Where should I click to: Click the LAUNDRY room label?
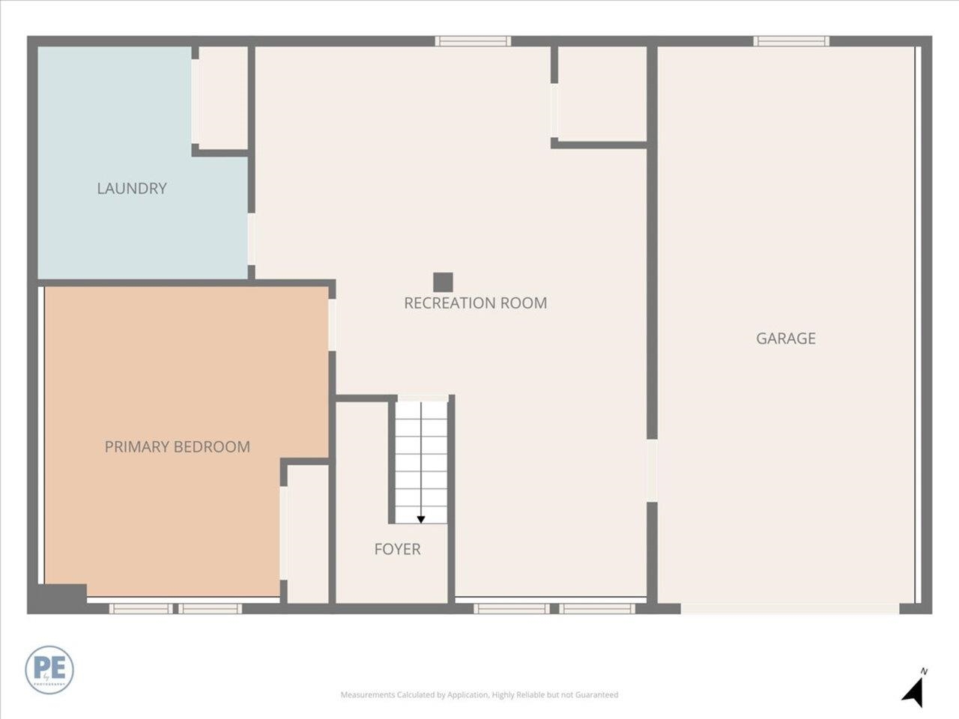pyautogui.click(x=132, y=188)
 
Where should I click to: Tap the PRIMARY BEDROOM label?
pyautogui.click(x=177, y=447)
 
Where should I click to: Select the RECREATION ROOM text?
pyautogui.click(x=475, y=303)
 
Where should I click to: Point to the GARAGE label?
pyautogui.click(x=785, y=339)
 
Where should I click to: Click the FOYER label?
pyautogui.click(x=397, y=549)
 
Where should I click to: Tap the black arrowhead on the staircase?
pyautogui.click(x=421, y=519)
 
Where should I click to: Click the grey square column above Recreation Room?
pyautogui.click(x=443, y=282)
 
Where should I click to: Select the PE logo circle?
pyautogui.click(x=49, y=669)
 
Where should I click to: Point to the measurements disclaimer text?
pyautogui.click(x=479, y=695)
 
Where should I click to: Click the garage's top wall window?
pyautogui.click(x=791, y=41)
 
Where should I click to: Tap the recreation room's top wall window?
pyautogui.click(x=473, y=41)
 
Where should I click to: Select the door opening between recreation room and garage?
pyautogui.click(x=652, y=470)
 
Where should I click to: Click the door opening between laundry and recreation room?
pyautogui.click(x=252, y=240)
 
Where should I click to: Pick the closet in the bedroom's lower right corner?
pyautogui.click(x=308, y=533)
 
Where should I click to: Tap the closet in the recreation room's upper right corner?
pyautogui.click(x=602, y=94)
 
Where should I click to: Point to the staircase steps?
pyautogui.click(x=421, y=461)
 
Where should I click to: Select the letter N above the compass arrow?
pyautogui.click(x=925, y=671)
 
